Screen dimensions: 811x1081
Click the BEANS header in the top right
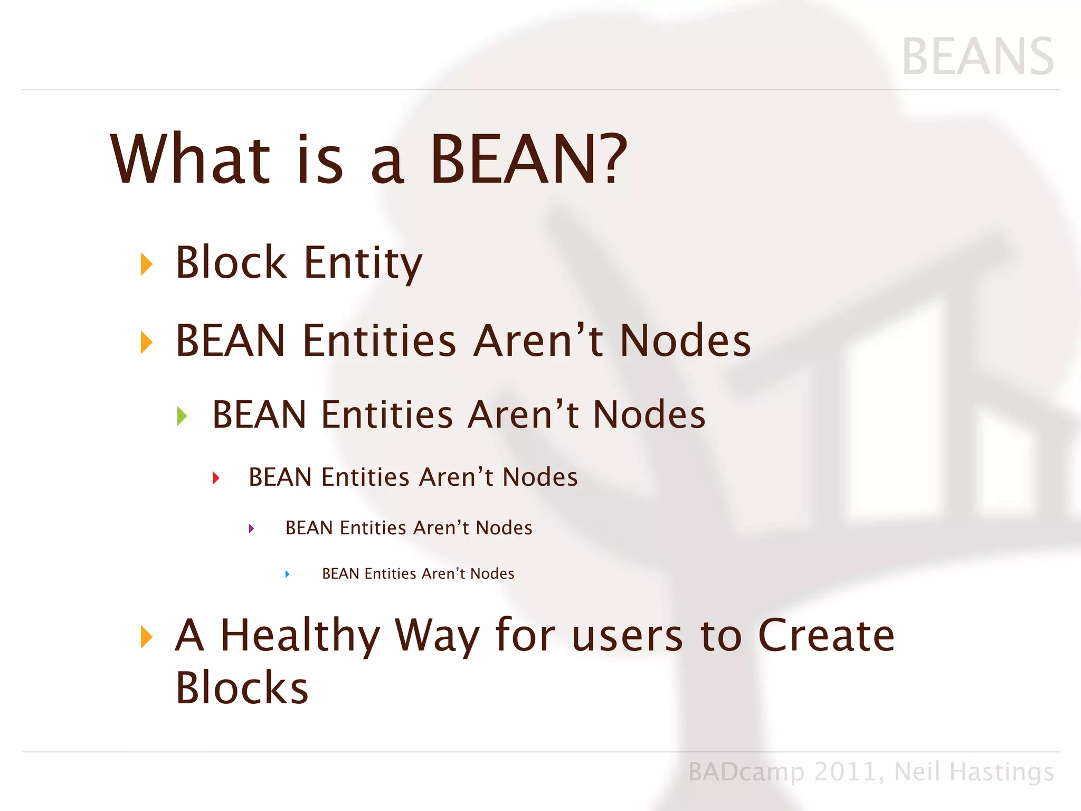[978, 56]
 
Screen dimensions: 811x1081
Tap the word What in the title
[190, 158]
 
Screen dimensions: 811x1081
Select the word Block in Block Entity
[231, 262]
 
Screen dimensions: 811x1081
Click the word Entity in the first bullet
[363, 263]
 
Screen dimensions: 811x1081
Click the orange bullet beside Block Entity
[147, 264]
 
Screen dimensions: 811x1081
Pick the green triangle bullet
[182, 416]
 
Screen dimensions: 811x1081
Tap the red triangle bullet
[215, 478]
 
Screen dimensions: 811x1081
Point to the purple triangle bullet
[251, 529]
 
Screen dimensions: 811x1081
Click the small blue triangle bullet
[287, 574]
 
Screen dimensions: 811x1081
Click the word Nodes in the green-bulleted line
[649, 414]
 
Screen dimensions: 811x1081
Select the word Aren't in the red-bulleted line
[456, 477]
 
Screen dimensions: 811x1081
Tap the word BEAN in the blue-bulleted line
[340, 573]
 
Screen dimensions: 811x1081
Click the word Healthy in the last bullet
[300, 636]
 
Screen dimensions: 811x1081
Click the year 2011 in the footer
[845, 772]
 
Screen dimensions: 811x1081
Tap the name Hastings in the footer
[1001, 772]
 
